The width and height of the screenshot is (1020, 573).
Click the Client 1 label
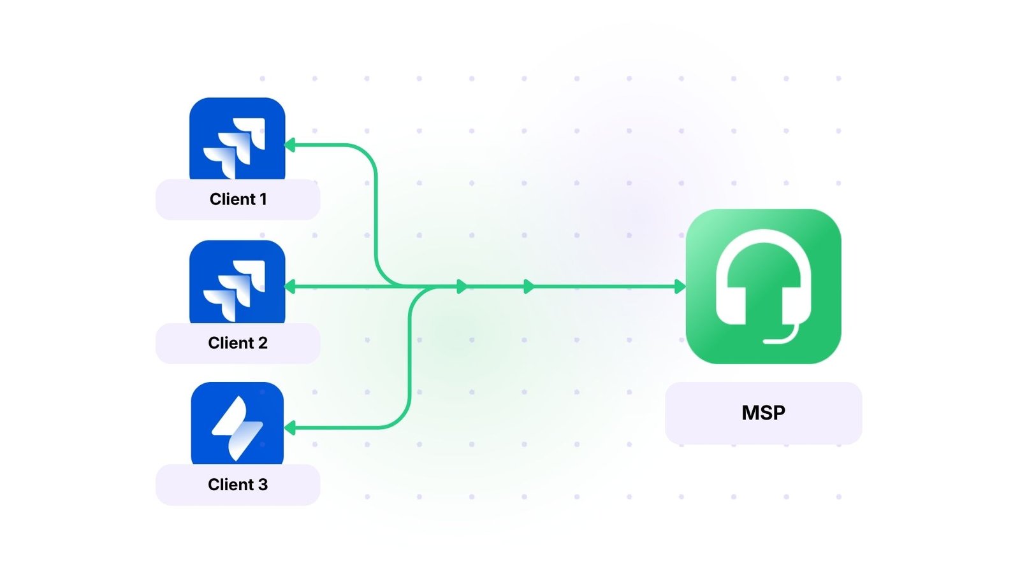tap(238, 199)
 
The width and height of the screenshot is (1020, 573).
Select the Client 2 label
tap(238, 343)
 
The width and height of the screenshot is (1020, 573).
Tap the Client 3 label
tap(238, 485)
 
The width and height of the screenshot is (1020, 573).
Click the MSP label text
tap(763, 413)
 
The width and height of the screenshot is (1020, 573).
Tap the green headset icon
tap(763, 286)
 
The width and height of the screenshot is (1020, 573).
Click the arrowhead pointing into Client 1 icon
tap(290, 145)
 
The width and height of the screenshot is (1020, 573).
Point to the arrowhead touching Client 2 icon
tap(290, 286)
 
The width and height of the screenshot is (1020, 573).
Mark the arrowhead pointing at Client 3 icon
tap(290, 428)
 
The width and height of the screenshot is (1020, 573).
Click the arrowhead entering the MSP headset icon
tap(680, 286)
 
